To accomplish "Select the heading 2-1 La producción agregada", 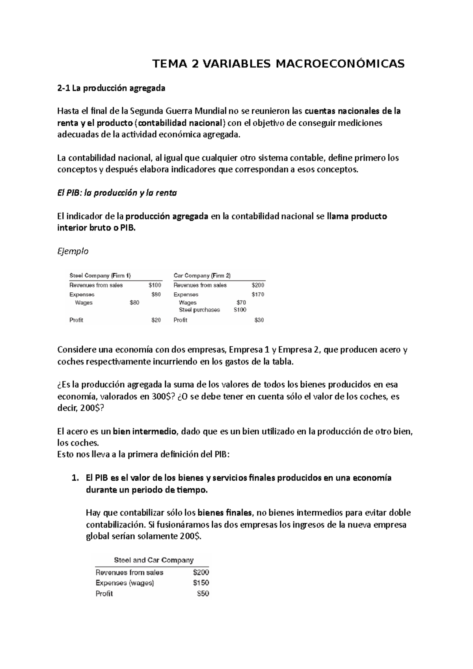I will [111, 88].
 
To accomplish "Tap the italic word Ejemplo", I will [73, 251].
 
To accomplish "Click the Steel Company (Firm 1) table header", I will [100, 275].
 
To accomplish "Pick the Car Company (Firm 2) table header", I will [202, 275].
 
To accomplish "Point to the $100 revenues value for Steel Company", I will [155, 285].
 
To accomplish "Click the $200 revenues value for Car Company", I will [258, 285].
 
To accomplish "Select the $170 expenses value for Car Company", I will [258, 295].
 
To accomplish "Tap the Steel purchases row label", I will [199, 310].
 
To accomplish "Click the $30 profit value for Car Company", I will [259, 320].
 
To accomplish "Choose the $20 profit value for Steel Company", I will [156, 320].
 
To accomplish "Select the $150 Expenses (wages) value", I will [201, 583].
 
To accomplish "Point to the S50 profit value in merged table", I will [203, 594].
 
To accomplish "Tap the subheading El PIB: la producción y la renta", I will [117, 193].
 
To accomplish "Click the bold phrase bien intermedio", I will [145, 431].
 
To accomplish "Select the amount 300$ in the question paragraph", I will [163, 397].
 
